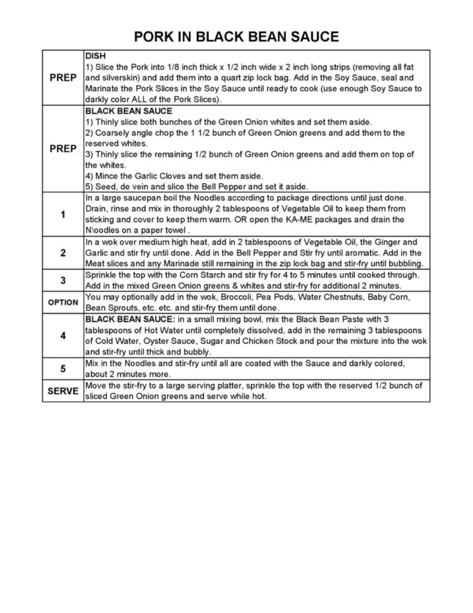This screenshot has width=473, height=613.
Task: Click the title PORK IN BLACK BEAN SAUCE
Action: (236, 37)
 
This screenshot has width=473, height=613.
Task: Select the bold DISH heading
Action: (95, 56)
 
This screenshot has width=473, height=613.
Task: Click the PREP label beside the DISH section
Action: (63, 78)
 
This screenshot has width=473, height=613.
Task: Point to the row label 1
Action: (63, 215)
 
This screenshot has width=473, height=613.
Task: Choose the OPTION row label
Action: (63, 303)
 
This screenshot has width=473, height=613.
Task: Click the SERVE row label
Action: (63, 391)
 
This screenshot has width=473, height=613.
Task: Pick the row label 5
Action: (63, 369)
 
